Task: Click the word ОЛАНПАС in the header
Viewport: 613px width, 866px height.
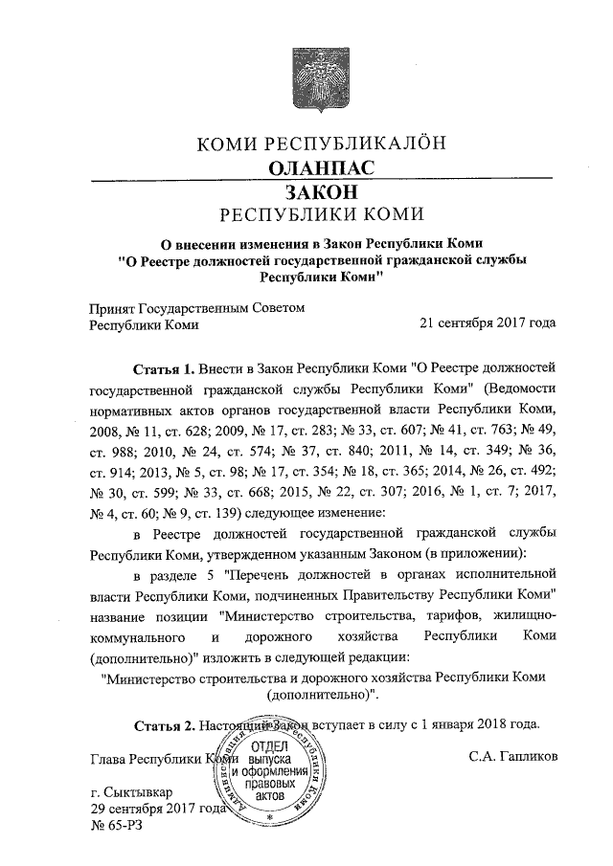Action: (321, 168)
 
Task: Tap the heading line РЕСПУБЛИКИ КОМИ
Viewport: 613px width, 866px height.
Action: (321, 213)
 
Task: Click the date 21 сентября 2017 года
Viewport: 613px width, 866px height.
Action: (488, 323)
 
